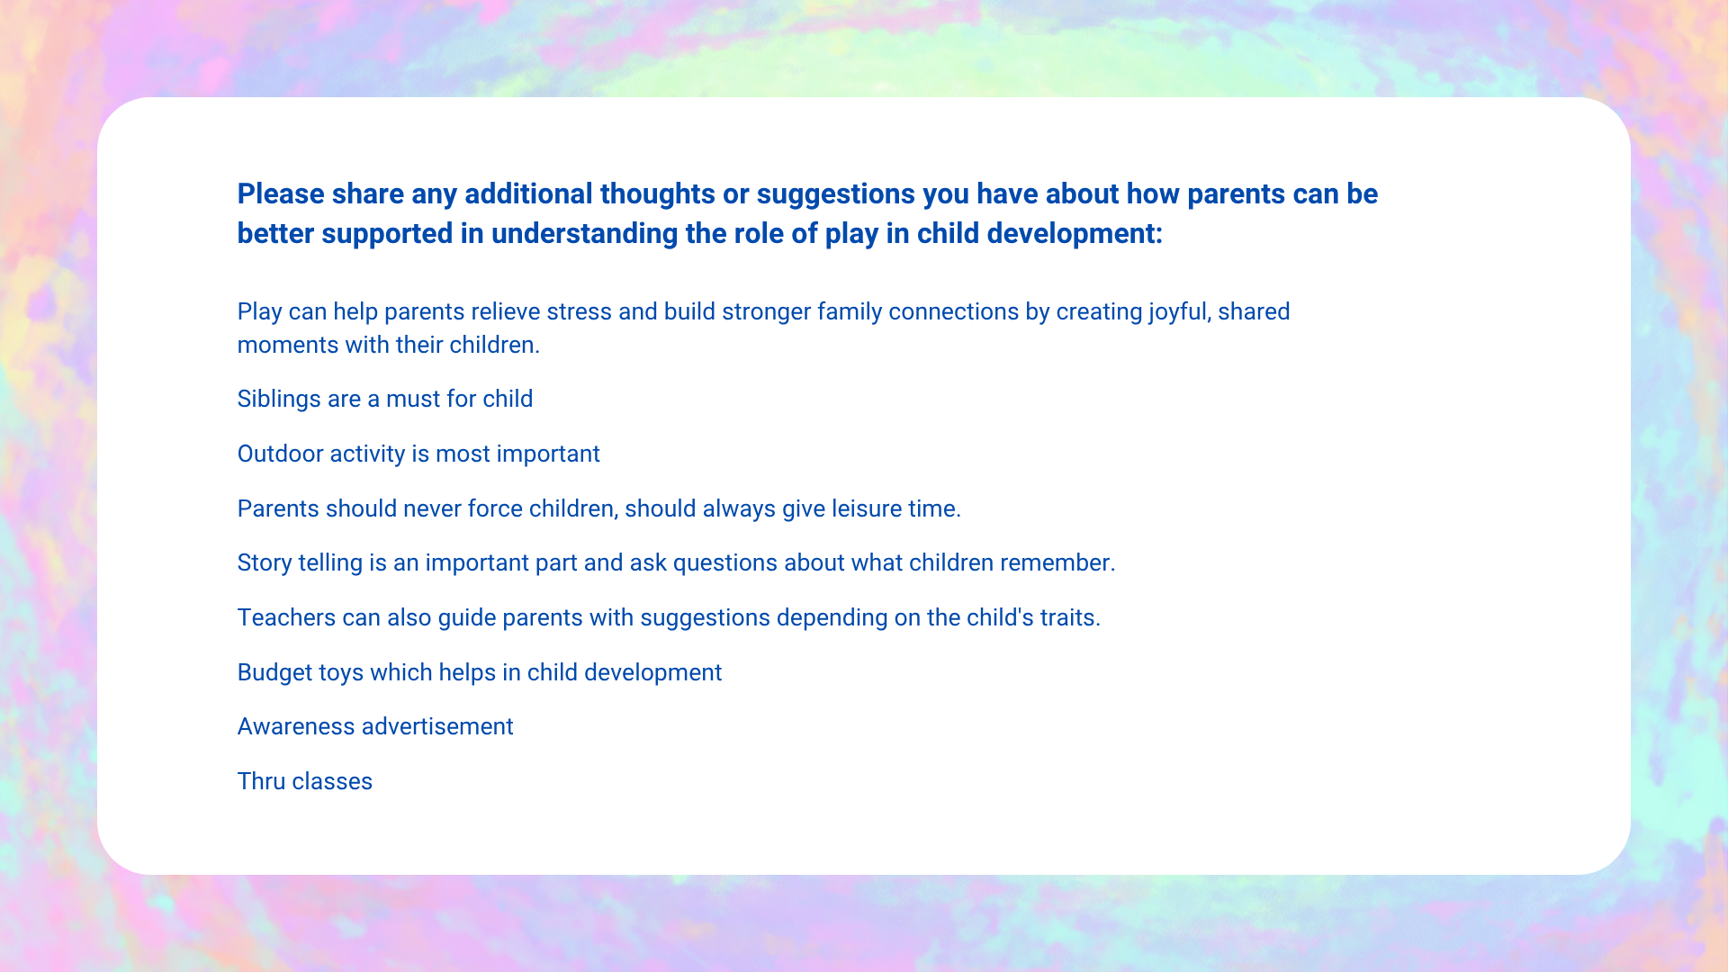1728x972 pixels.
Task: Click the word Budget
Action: tap(275, 673)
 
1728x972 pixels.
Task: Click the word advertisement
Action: tap(437, 727)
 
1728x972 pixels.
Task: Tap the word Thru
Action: tap(262, 782)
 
